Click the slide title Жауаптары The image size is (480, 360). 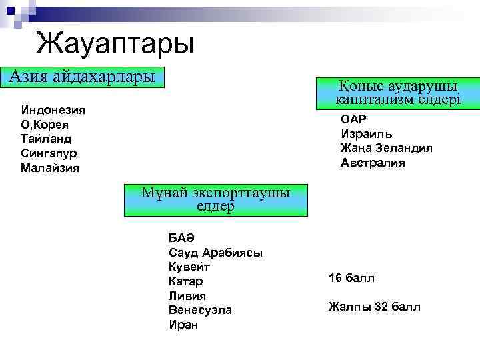115,44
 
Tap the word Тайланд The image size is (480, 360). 46,139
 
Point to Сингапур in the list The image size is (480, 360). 51,153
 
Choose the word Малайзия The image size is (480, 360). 50,168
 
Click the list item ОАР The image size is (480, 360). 353,119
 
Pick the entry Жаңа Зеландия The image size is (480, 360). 386,148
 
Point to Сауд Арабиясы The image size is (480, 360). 215,253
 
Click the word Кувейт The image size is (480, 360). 189,267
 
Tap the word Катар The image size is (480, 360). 187,282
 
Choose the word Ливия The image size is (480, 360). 187,296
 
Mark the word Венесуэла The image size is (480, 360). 200,311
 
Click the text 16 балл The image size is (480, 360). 351,277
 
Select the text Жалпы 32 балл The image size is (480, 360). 374,307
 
